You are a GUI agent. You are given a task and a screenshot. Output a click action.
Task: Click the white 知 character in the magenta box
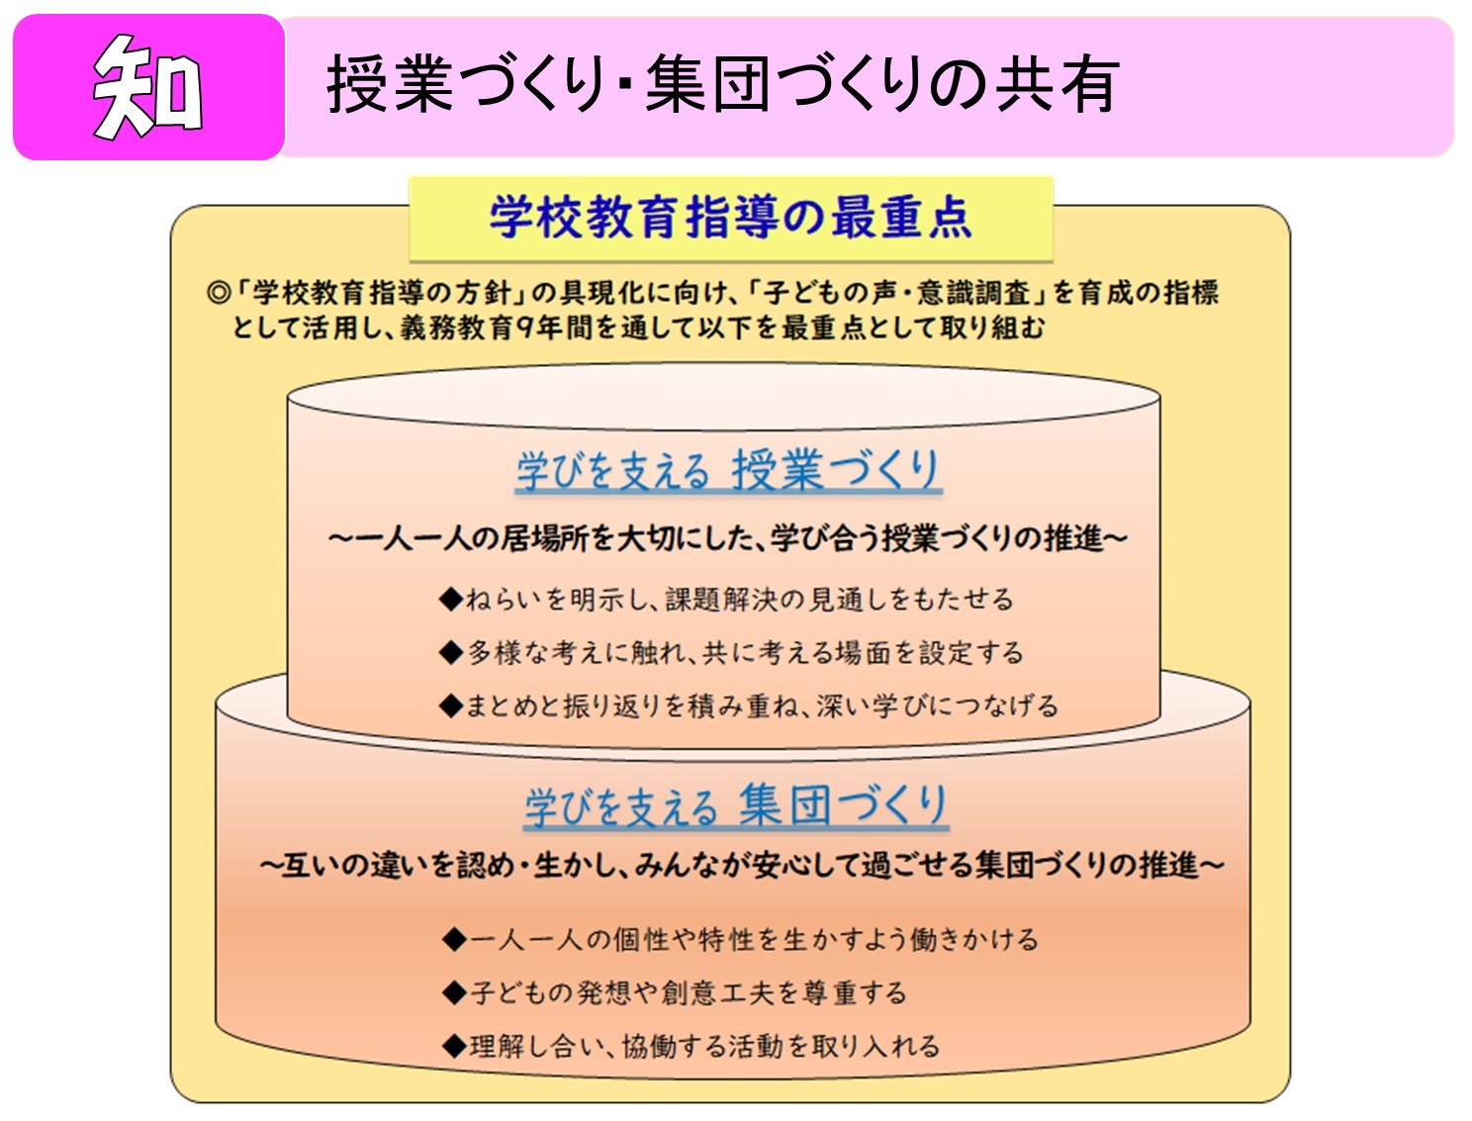pyautogui.click(x=147, y=87)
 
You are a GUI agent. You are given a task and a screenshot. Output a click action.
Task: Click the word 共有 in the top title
pyautogui.click(x=1057, y=84)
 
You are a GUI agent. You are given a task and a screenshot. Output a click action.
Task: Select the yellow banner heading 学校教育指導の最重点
pyautogui.click(x=730, y=218)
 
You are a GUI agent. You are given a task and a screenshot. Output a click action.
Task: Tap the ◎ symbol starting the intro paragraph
pyautogui.click(x=218, y=293)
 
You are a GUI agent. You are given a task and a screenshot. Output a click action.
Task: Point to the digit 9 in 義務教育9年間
pyautogui.click(x=524, y=327)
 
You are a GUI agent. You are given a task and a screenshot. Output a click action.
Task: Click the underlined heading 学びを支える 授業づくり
pyautogui.click(x=727, y=470)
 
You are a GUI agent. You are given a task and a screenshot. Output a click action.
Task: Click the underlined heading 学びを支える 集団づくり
pyautogui.click(x=736, y=806)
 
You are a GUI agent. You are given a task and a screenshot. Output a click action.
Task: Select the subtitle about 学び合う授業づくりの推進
pyautogui.click(x=727, y=539)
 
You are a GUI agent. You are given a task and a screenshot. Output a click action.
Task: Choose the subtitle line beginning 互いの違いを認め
pyautogui.click(x=742, y=866)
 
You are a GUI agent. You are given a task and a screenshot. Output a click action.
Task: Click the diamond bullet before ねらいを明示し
pyautogui.click(x=451, y=599)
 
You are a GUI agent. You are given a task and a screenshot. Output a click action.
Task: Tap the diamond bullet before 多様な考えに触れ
pyautogui.click(x=451, y=653)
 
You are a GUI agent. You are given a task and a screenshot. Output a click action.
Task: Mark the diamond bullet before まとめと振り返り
pyautogui.click(x=451, y=706)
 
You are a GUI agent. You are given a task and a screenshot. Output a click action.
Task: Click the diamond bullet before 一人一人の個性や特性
pyautogui.click(x=455, y=939)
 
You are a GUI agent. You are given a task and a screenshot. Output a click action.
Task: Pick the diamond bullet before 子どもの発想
pyautogui.click(x=455, y=992)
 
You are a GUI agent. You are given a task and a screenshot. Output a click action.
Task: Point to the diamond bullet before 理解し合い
pyautogui.click(x=455, y=1046)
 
